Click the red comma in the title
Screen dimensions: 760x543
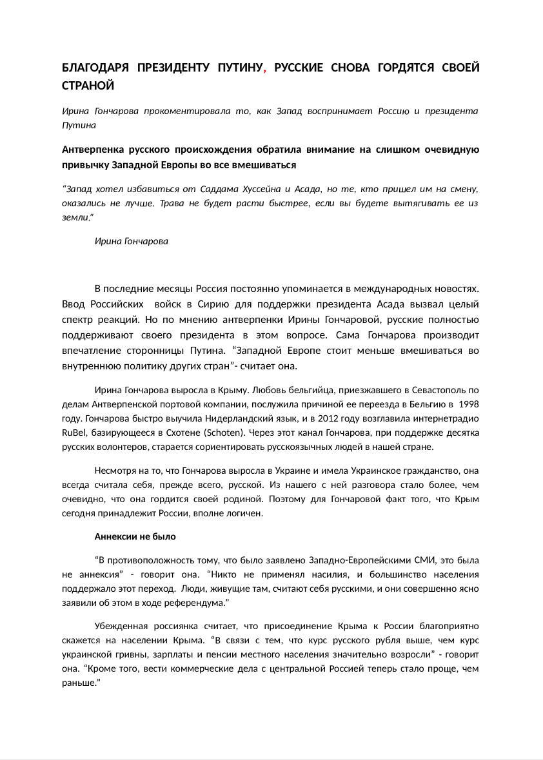(266, 70)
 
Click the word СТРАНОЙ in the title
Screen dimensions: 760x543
(88, 86)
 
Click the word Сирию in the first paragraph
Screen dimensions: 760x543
(231, 304)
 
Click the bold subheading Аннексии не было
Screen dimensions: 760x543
(135, 536)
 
